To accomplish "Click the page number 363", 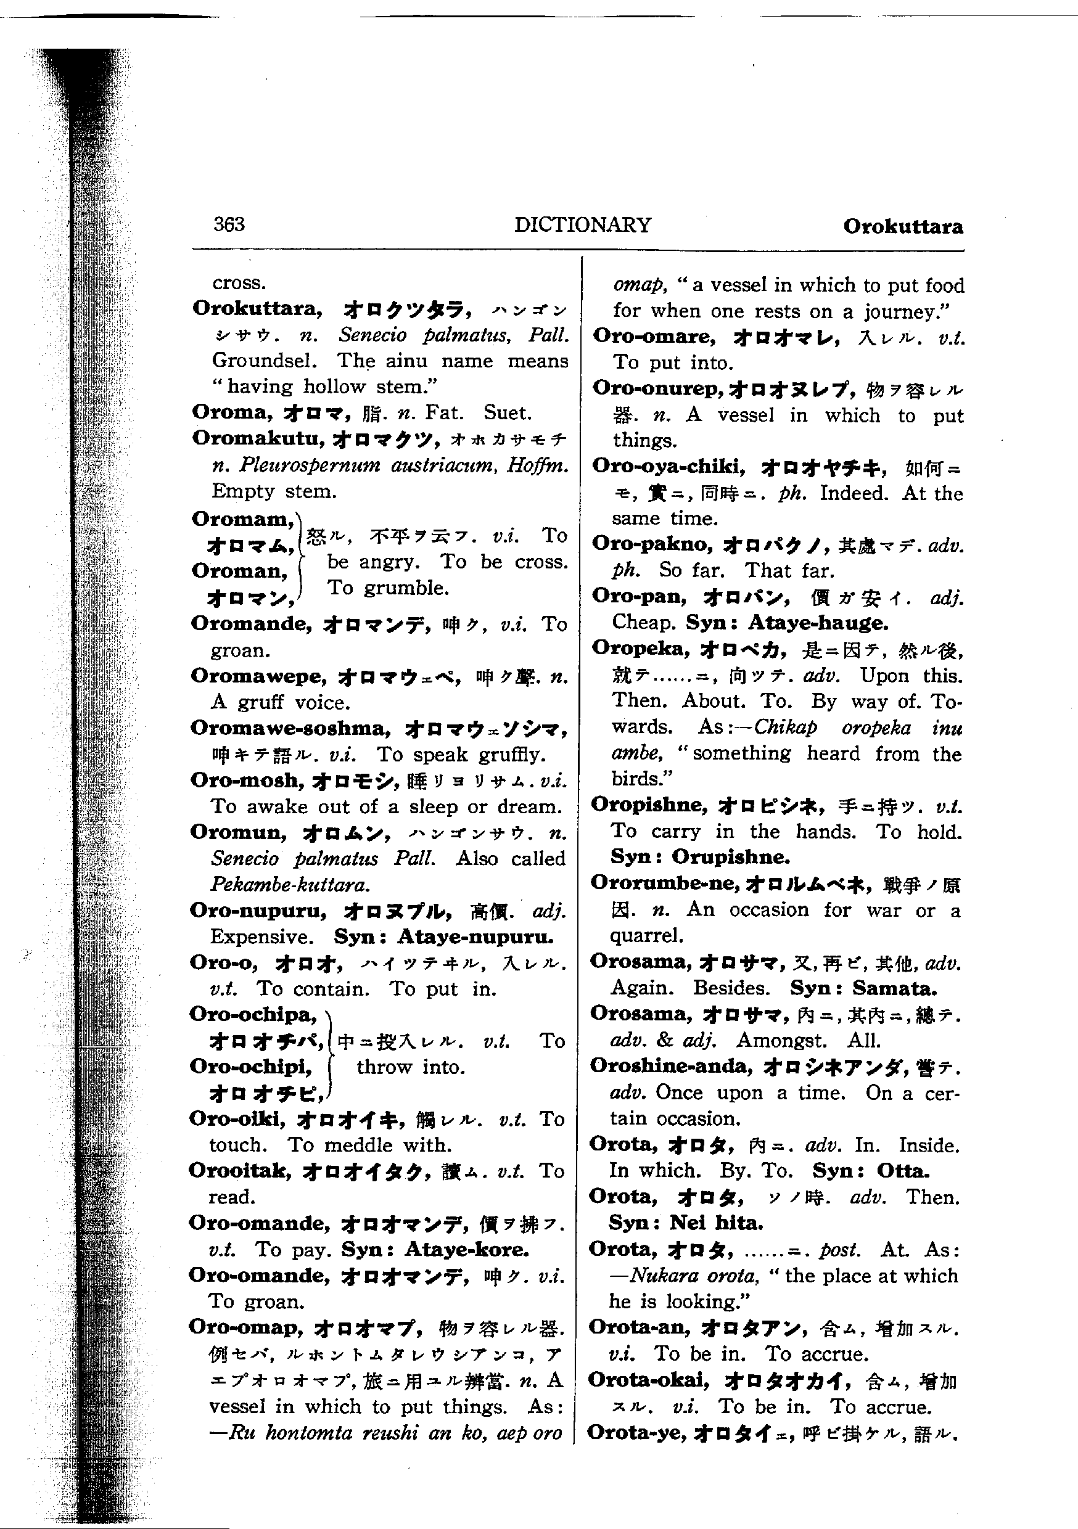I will [229, 224].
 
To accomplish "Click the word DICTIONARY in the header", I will [582, 225].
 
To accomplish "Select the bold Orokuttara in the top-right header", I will [903, 226].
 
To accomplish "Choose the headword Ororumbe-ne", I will [664, 883].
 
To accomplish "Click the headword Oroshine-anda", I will [671, 1066].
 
